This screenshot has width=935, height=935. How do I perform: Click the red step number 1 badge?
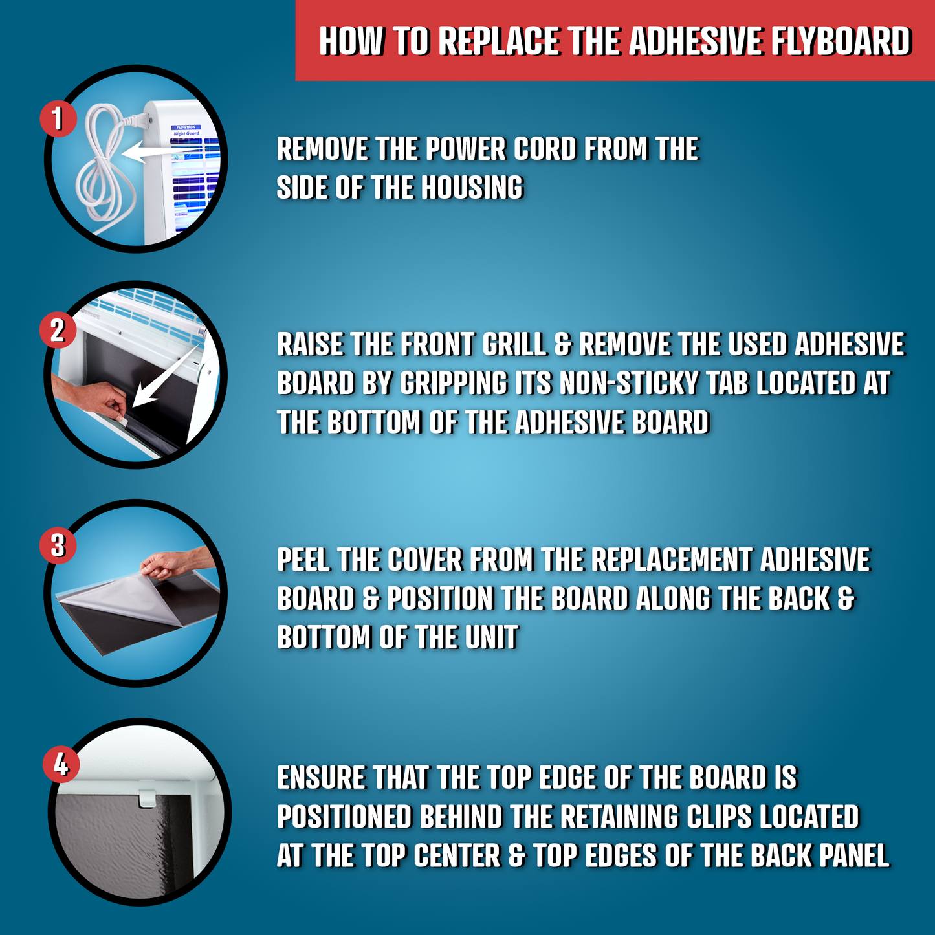(58, 118)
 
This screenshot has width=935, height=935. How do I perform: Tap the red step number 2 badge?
(58, 330)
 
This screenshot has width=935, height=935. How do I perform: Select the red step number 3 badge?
(58, 545)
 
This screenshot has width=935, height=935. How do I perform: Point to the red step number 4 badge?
(61, 764)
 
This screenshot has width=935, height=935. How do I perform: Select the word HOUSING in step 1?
(472, 188)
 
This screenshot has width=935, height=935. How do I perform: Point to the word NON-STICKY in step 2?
(629, 383)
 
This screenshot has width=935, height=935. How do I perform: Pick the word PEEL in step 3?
(304, 560)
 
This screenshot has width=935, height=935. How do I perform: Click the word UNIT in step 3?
(491, 638)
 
